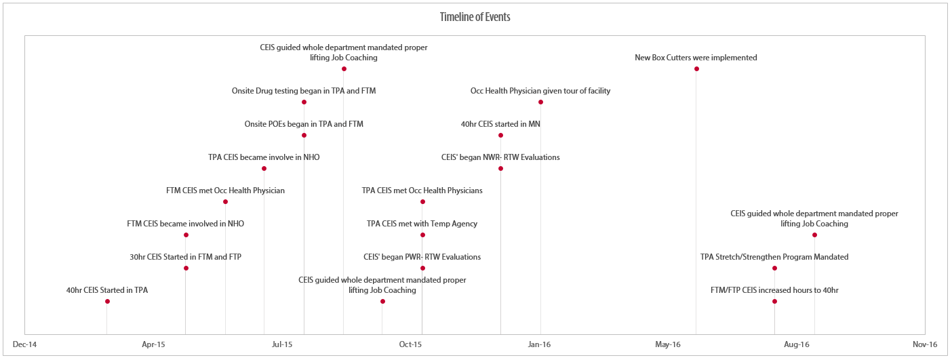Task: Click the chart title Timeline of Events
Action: point(475,17)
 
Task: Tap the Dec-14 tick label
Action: point(24,345)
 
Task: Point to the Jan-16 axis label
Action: point(540,345)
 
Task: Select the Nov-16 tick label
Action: point(925,345)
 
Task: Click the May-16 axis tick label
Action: point(668,345)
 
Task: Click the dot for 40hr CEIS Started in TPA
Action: point(107,301)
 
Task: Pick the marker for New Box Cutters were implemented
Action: point(696,68)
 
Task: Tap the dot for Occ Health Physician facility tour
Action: point(540,102)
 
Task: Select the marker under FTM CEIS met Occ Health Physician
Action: point(225,201)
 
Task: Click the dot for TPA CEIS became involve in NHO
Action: point(264,168)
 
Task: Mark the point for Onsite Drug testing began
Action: point(304,102)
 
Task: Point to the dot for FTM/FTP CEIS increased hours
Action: point(774,301)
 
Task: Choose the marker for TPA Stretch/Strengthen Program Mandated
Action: point(774,268)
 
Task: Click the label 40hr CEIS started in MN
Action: point(500,124)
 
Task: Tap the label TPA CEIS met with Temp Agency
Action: point(422,224)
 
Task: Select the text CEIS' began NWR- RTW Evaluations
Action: point(500,157)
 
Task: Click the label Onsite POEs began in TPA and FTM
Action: point(304,124)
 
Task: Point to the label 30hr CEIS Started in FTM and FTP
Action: point(185,257)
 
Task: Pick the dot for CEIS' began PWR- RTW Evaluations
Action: point(422,268)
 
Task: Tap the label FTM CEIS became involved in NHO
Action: point(185,224)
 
